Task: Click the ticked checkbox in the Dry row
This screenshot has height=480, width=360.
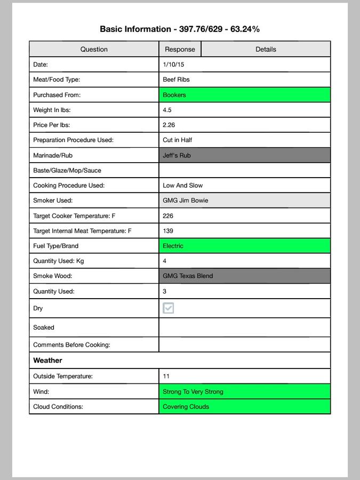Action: coord(169,308)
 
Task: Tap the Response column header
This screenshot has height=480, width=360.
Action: coord(180,49)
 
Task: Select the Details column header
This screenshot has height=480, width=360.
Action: coord(266,49)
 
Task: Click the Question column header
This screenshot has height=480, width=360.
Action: coord(94,49)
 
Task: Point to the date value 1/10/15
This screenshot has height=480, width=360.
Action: coord(173,65)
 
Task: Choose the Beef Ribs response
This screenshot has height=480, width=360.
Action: coord(176,79)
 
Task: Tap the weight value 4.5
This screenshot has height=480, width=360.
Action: coord(167,110)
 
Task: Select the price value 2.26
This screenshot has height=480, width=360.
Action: coord(169,125)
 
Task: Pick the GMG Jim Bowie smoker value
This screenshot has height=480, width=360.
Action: coord(185,201)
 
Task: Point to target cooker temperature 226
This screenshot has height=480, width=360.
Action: coord(167,216)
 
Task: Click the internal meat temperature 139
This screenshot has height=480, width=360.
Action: coord(167,231)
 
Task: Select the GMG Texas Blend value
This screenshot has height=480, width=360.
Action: coord(188,276)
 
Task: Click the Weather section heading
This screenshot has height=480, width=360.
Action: coord(47,361)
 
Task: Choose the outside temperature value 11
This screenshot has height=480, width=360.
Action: coord(166,376)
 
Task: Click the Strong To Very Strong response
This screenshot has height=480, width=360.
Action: coord(193,391)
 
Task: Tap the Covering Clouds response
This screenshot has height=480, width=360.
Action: coord(186,406)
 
